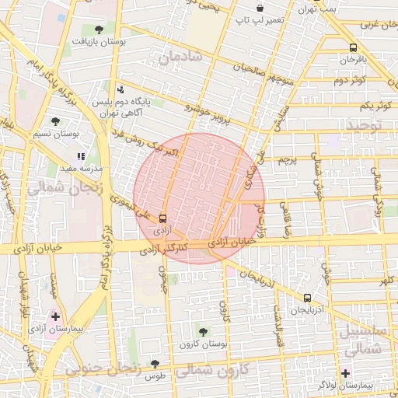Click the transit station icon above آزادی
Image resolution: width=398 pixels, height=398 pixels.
(x=162, y=219)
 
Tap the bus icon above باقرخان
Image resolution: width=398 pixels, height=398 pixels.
(x=354, y=47)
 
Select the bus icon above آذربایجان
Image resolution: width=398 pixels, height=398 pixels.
(x=308, y=298)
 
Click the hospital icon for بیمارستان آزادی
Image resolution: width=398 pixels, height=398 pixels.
(x=55, y=316)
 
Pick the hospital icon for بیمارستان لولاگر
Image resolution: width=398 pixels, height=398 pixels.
(x=345, y=373)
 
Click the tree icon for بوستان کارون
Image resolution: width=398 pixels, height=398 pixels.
(x=203, y=332)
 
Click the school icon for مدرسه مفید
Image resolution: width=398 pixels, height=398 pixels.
(x=82, y=157)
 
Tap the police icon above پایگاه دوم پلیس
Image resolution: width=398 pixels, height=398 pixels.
(x=119, y=89)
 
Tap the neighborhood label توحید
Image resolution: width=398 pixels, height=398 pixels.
(x=365, y=125)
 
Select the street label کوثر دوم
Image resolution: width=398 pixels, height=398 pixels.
(x=350, y=81)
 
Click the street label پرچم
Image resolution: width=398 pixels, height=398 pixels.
(x=288, y=161)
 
